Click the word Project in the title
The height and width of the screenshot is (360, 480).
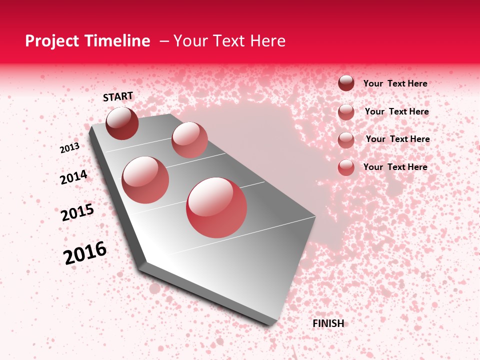click(x=51, y=41)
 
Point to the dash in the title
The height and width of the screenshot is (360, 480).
click(x=164, y=41)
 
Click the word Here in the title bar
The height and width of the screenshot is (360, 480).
click(x=267, y=41)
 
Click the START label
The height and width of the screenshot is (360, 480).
click(x=118, y=96)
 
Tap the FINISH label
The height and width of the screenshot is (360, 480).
click(x=328, y=323)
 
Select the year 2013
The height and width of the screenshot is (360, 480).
click(x=69, y=148)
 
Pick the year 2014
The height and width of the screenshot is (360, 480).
click(x=73, y=177)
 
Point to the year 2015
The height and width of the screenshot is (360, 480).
click(x=77, y=212)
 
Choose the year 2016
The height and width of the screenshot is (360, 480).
click(x=85, y=252)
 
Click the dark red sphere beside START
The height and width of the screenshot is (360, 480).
click(x=122, y=123)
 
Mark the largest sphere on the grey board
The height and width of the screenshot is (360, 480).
click(x=216, y=207)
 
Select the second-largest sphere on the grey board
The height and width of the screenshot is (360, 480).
click(x=145, y=180)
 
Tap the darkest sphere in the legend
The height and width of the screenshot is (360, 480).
click(x=346, y=83)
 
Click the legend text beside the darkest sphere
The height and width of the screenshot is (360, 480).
click(x=395, y=83)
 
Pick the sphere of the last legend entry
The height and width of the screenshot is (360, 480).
click(x=346, y=167)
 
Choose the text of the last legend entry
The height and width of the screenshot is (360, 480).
click(x=395, y=167)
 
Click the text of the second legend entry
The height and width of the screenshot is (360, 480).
click(x=396, y=111)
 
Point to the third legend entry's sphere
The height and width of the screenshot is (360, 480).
click(x=346, y=140)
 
